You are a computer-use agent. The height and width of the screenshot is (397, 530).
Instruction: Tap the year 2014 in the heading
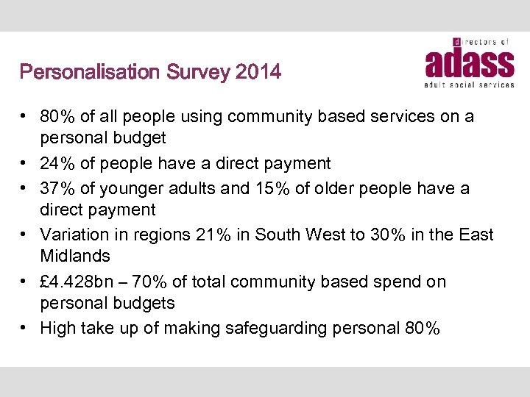258,72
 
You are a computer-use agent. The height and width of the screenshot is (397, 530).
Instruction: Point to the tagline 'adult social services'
469,85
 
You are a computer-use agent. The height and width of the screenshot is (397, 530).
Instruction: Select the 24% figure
57,162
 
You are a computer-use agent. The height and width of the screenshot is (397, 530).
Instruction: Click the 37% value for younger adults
57,188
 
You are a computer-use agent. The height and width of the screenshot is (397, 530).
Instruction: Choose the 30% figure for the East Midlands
395,235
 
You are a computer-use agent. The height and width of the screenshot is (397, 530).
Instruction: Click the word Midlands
74,256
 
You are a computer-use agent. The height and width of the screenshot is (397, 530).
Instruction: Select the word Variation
74,235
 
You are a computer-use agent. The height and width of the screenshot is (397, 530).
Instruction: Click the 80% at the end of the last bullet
423,329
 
